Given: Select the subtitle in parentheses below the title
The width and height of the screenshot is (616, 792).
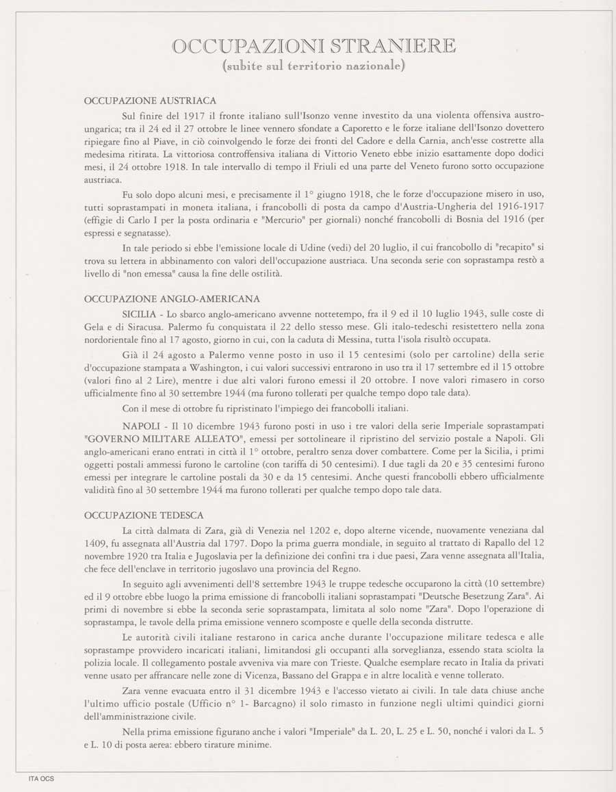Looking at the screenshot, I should (x=314, y=66).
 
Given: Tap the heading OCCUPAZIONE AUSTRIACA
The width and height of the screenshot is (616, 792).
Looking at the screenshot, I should (x=150, y=101).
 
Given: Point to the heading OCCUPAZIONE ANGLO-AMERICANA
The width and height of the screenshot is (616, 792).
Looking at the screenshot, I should (x=172, y=299).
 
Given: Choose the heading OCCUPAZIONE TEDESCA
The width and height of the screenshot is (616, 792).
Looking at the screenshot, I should (x=144, y=515).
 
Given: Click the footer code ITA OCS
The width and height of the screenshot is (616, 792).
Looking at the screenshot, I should (x=40, y=778).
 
